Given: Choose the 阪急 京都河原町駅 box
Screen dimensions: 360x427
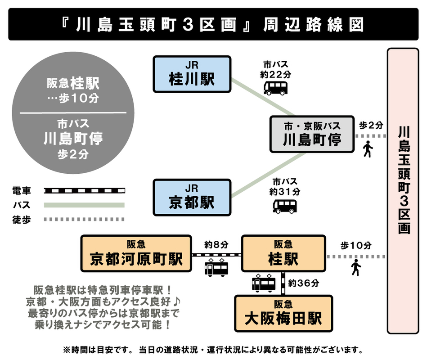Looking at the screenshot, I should click(136, 253).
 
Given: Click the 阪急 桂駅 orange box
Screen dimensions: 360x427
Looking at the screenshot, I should click(283, 253).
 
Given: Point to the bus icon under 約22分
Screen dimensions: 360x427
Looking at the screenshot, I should click(274, 88).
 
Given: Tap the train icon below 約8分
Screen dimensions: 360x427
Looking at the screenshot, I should click(216, 268).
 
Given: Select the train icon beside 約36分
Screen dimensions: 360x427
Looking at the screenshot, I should click(264, 283).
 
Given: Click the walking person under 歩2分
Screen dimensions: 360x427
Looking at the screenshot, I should click(369, 149).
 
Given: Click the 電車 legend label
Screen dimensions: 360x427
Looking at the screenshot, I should click(22, 191).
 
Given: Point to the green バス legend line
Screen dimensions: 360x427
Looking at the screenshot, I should click(84, 205).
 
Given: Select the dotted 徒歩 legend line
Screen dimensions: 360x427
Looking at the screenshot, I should click(84, 220).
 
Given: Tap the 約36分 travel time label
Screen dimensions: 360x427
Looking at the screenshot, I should click(304, 283).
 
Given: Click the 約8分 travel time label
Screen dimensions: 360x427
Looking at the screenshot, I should click(216, 245).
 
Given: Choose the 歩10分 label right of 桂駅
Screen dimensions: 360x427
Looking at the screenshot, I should click(355, 245).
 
